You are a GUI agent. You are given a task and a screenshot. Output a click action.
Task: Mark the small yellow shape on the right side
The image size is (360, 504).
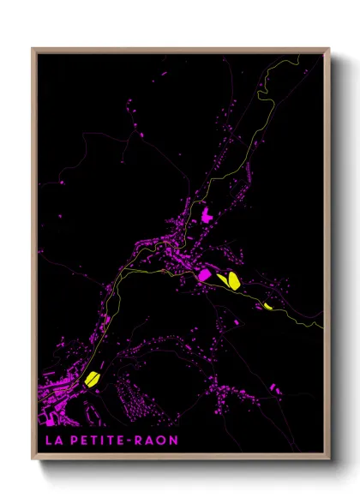[x=267, y=305]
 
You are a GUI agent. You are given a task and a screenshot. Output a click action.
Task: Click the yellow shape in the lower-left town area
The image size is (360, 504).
[x=92, y=378]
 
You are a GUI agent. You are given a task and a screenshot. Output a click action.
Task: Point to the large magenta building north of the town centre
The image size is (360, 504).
[x=206, y=215]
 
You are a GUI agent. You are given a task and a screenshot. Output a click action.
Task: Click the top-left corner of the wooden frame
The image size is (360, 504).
[x=33, y=49]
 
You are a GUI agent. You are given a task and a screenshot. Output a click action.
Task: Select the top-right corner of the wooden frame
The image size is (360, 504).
[x=328, y=49]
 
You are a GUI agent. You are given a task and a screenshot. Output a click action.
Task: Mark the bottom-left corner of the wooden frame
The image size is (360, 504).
[x=33, y=459]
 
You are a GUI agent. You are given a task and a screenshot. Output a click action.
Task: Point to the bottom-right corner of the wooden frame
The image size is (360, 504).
[x=328, y=459]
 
